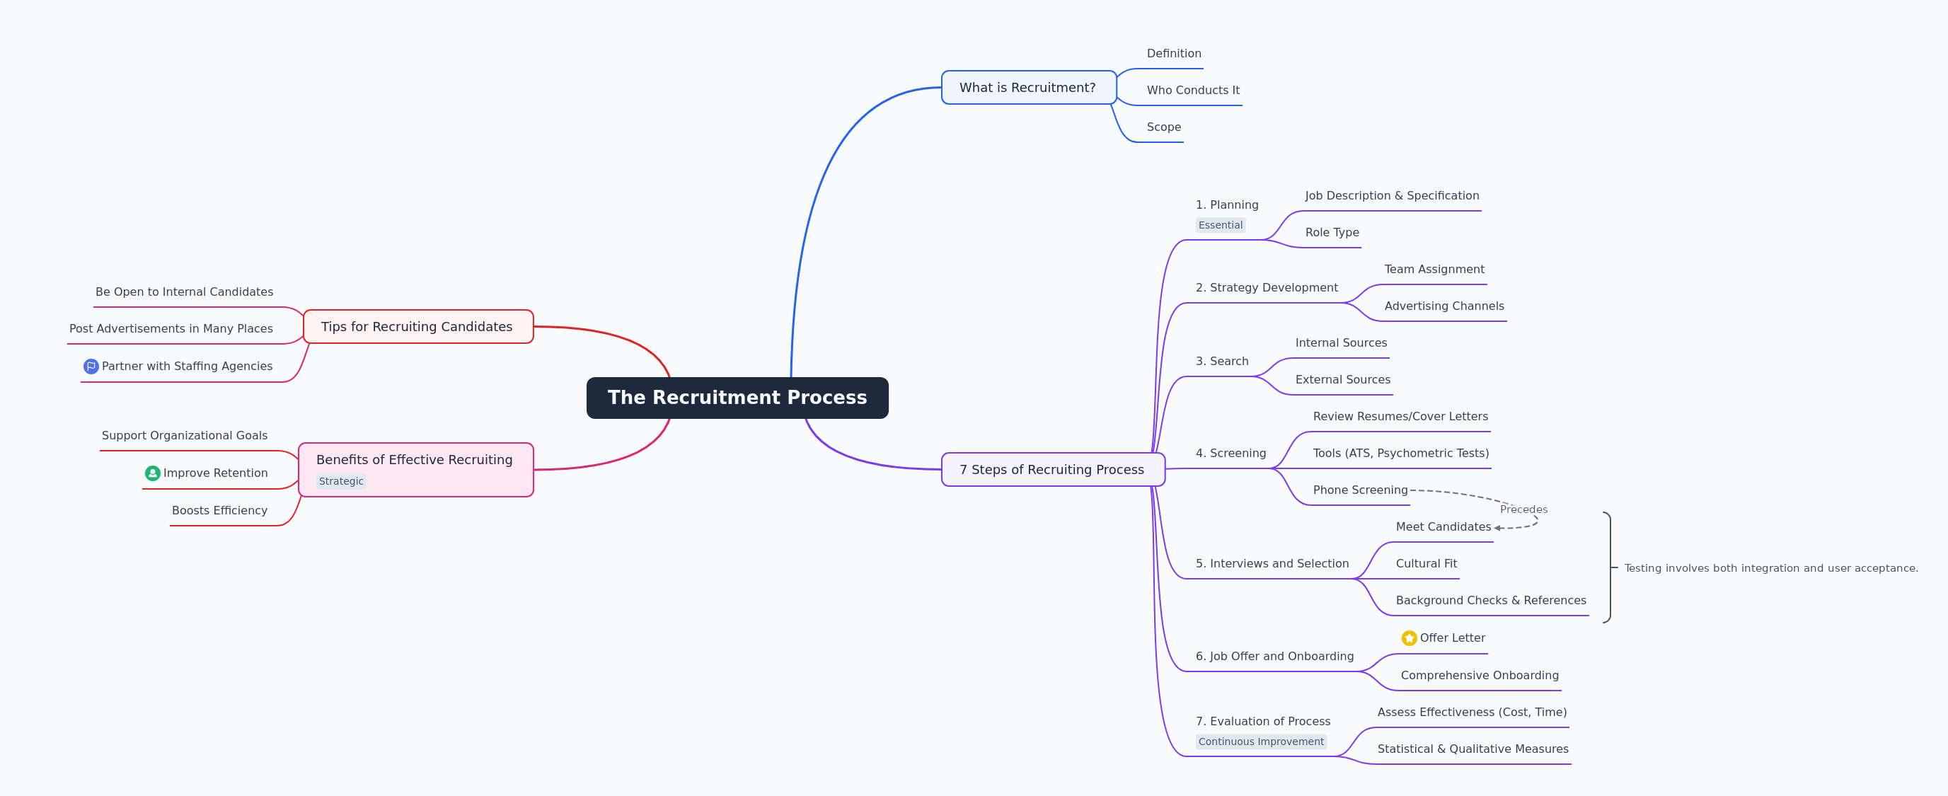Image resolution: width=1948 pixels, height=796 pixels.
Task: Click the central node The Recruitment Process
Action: pos(737,398)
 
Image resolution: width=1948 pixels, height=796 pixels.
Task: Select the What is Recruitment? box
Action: pos(1027,88)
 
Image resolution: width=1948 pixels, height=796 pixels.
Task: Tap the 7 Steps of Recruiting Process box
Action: pos(1052,469)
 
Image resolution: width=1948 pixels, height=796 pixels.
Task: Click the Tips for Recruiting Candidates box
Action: pos(417,327)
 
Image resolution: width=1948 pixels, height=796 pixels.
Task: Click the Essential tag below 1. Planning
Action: pos(1220,225)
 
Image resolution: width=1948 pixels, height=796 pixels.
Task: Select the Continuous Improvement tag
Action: pos(1261,742)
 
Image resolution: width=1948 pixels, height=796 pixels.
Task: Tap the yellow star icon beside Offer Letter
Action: pos(1409,638)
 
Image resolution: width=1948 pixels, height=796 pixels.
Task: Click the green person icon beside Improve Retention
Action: pos(153,473)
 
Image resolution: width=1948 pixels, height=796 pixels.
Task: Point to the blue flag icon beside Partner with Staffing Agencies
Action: pos(91,367)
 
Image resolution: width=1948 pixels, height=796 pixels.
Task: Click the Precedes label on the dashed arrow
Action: pos(1523,509)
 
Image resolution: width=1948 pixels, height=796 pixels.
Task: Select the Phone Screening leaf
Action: pos(1360,490)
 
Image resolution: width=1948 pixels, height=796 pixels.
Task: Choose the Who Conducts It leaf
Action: pos(1192,90)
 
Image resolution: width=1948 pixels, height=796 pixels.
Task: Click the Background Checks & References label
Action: pos(1490,600)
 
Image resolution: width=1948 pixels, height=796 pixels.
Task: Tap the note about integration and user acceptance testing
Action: pos(1770,568)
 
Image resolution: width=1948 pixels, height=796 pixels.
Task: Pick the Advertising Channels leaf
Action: pos(1443,306)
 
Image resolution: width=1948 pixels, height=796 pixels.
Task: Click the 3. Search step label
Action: pos(1221,362)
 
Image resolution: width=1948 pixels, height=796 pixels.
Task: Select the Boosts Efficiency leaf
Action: pos(219,510)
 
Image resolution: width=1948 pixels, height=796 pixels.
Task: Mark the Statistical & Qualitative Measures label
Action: pos(1472,749)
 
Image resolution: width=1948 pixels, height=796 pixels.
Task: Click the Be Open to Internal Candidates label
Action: pos(184,292)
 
